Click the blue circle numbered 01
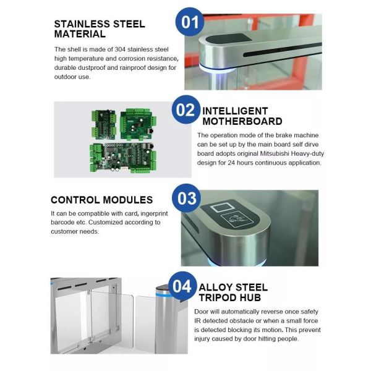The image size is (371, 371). click(190, 22)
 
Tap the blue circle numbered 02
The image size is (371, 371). click(186, 109)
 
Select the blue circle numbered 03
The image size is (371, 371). click(187, 198)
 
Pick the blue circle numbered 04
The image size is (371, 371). click(182, 286)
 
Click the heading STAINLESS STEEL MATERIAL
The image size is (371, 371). click(100, 29)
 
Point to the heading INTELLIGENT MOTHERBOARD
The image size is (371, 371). click(242, 116)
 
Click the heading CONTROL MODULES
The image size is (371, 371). click(102, 200)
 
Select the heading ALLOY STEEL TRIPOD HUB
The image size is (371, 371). click(233, 292)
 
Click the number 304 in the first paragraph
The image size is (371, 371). click(120, 49)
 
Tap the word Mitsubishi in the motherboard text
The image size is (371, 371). click(275, 153)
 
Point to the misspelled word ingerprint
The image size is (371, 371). click(154, 214)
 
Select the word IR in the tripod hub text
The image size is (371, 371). click(198, 321)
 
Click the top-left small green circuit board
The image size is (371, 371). click(104, 124)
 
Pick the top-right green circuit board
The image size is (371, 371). click(138, 124)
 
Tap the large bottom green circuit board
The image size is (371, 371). click(123, 157)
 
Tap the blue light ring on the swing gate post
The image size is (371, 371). click(163, 295)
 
